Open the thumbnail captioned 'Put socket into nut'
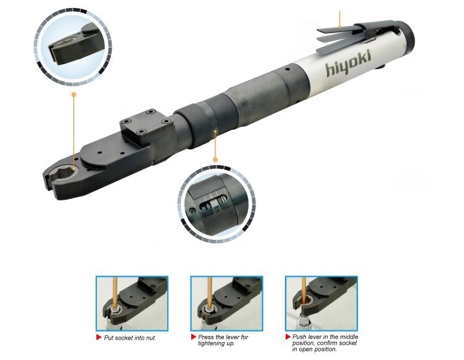(x=131, y=303)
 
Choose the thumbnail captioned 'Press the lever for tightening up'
(x=226, y=303)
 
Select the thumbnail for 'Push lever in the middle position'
(x=321, y=303)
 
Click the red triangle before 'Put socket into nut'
(x=99, y=338)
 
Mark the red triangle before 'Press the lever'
(x=194, y=337)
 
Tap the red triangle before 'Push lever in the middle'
(x=288, y=337)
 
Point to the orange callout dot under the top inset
(x=73, y=95)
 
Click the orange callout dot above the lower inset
(x=215, y=160)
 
